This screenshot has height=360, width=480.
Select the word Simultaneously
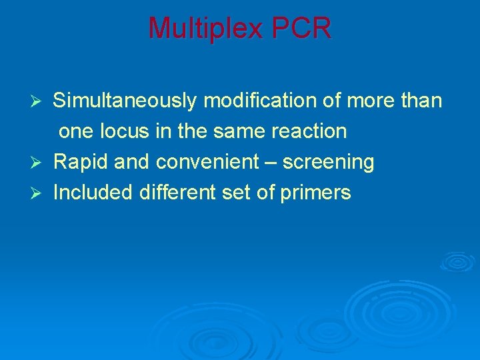(125, 101)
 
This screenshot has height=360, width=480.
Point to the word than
(419, 101)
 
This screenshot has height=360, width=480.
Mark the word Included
(94, 193)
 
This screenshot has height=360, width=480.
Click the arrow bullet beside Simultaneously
(39, 101)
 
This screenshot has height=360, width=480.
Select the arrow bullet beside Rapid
(39, 163)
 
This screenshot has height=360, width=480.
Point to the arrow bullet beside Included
(39, 193)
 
